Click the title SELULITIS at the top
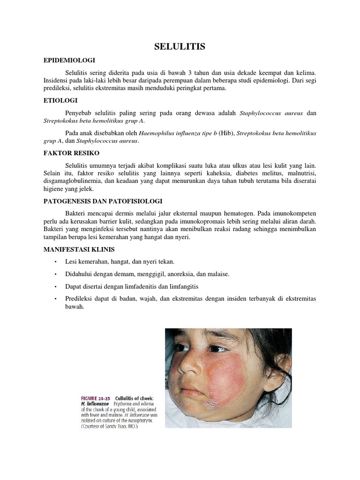pyautogui.click(x=180, y=46)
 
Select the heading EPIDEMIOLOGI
pyautogui.click(x=69, y=60)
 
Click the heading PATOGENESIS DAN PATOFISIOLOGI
pyautogui.click(x=103, y=201)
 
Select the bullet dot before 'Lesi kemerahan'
pyautogui.click(x=55, y=261)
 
